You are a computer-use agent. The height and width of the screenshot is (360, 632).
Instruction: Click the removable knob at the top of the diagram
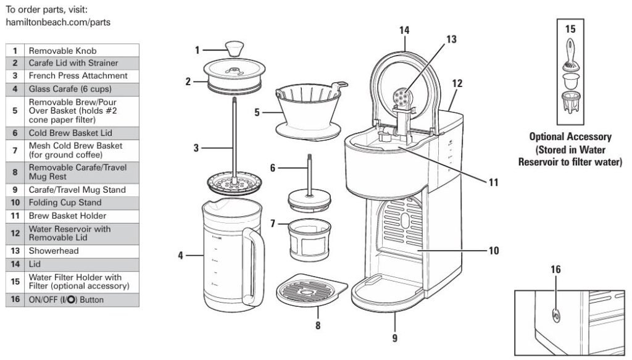(x=234, y=48)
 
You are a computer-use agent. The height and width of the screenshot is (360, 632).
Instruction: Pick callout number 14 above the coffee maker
(x=404, y=30)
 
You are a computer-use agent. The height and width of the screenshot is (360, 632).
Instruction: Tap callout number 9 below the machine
(x=394, y=338)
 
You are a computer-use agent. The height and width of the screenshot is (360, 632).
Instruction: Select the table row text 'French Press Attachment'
(x=78, y=75)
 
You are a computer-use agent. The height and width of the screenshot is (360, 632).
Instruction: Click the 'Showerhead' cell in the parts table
(x=54, y=251)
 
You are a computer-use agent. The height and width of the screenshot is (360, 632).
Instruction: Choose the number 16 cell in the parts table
(x=15, y=299)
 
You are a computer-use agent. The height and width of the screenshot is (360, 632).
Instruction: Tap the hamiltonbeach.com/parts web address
(x=58, y=22)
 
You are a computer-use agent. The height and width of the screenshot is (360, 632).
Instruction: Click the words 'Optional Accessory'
(x=570, y=137)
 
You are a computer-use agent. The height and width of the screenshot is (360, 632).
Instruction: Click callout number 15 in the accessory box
(x=570, y=28)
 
